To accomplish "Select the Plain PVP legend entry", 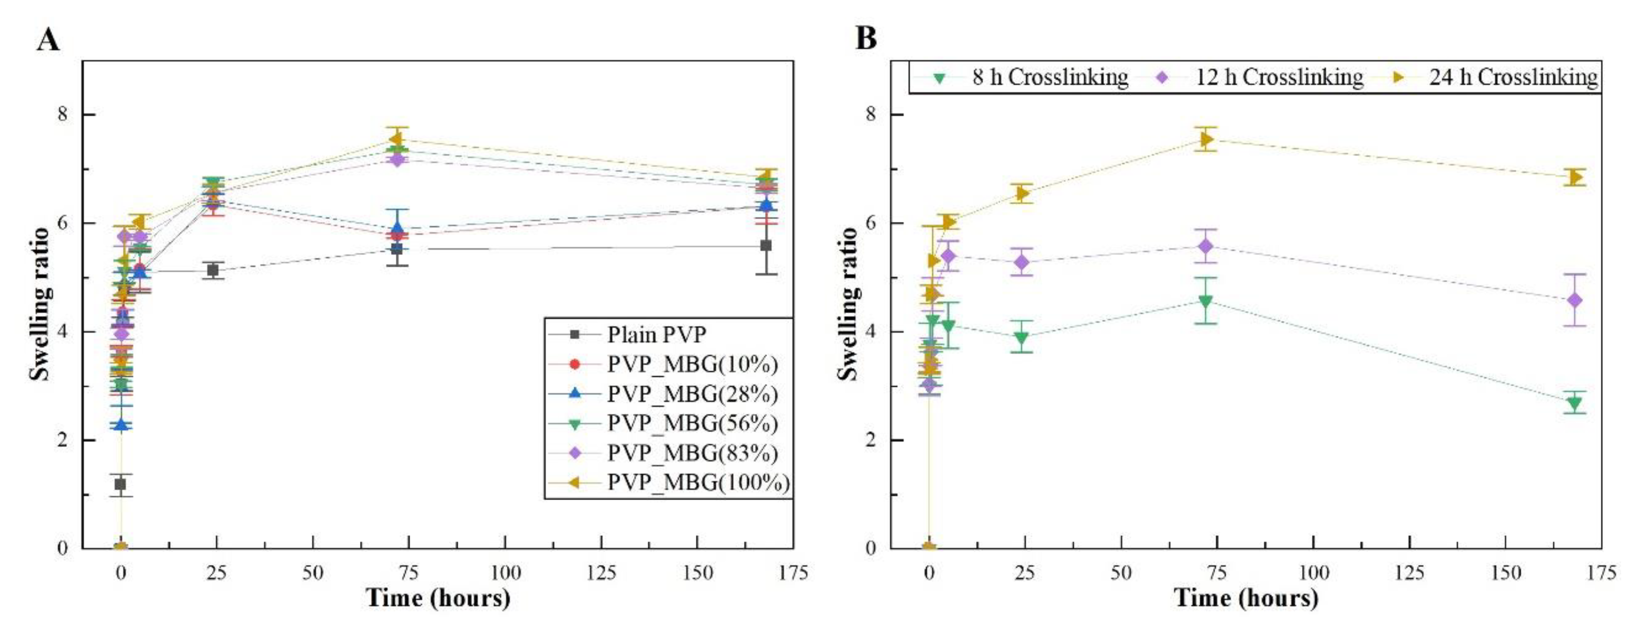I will [x=656, y=334].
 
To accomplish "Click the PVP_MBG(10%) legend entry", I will [x=691, y=364].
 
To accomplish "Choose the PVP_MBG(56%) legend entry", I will [x=691, y=423].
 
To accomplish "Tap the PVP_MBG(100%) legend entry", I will [x=697, y=483].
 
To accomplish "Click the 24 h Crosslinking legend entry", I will [x=1512, y=78].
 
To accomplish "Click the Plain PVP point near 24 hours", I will [x=213, y=270].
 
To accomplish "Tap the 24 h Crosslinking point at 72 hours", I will [x=1205, y=139].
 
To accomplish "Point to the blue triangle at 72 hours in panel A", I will [x=397, y=228].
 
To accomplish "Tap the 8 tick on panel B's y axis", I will [x=876, y=114].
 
